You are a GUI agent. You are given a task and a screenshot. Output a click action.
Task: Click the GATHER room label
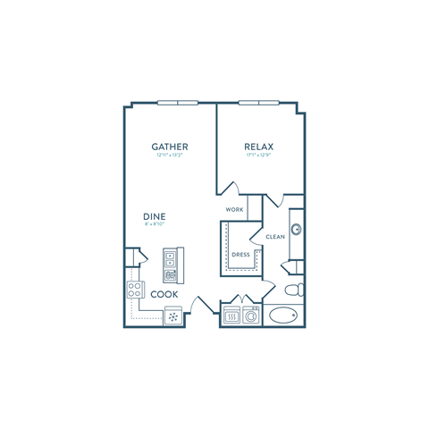tap(169, 146)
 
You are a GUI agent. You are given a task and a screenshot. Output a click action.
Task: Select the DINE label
tap(154, 216)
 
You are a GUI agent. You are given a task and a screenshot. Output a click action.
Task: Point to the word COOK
tap(163, 293)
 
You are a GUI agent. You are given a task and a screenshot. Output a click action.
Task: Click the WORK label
tap(235, 210)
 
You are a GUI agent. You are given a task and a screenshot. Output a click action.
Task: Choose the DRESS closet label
tap(240, 255)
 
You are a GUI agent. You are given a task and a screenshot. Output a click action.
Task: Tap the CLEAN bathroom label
tap(274, 236)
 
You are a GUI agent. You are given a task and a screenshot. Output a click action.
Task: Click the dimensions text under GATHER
tap(169, 156)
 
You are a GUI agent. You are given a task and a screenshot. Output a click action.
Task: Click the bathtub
tap(284, 315)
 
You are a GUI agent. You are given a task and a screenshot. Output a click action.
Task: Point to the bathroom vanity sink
tap(296, 229)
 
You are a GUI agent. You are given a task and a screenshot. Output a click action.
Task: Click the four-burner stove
tap(137, 289)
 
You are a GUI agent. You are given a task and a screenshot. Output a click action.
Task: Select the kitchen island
tap(170, 265)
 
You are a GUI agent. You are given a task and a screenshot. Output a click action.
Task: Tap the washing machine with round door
tap(251, 315)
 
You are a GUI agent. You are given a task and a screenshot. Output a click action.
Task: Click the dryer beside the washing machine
tap(233, 315)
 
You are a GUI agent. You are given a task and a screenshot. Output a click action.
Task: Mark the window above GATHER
tap(177, 102)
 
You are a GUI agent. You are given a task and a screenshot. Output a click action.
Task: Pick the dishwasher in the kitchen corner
tap(172, 315)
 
